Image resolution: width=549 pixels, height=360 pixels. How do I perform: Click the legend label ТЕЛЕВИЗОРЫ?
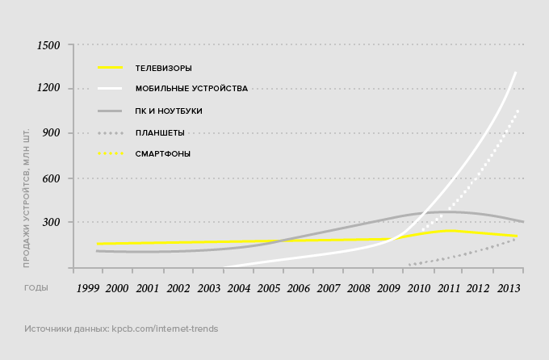pyautogui.click(x=163, y=68)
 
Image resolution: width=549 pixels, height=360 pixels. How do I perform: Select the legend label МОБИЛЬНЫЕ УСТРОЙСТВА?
pyautogui.click(x=191, y=89)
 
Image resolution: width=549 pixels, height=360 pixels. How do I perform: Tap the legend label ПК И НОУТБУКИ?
pyautogui.click(x=169, y=111)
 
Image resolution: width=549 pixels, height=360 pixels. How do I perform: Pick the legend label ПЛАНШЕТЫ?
pyautogui.click(x=160, y=132)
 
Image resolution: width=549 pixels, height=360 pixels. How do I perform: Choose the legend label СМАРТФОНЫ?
pyautogui.click(x=163, y=153)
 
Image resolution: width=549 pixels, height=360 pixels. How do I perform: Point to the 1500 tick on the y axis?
pyautogui.click(x=49, y=44)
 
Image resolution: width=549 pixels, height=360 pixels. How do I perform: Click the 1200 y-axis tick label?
pyautogui.click(x=49, y=89)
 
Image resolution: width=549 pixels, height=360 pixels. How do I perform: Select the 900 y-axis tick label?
pyautogui.click(x=52, y=133)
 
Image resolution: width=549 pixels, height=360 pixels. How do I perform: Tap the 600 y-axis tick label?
pyautogui.click(x=52, y=178)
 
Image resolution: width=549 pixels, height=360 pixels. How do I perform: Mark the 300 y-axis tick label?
pyautogui.click(x=52, y=222)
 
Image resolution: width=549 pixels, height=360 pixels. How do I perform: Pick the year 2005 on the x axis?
pyautogui.click(x=268, y=288)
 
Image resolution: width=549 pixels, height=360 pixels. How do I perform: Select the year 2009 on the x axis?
pyautogui.click(x=389, y=288)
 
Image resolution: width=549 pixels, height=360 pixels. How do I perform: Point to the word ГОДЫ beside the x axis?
pyautogui.click(x=36, y=287)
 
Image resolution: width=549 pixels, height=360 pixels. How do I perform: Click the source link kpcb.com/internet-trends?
pyautogui.click(x=166, y=329)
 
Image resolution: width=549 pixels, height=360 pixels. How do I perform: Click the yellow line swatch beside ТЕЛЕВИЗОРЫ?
pyautogui.click(x=110, y=68)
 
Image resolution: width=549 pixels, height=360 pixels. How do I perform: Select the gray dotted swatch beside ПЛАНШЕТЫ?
pyautogui.click(x=110, y=132)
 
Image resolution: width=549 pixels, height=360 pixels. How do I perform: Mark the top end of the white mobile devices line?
pyautogui.click(x=515, y=72)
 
